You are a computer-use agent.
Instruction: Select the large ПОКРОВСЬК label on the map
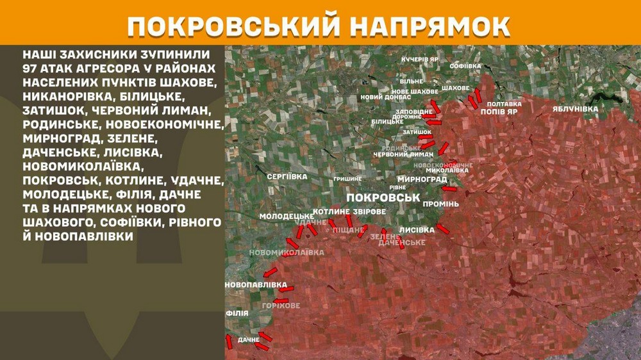click(381, 198)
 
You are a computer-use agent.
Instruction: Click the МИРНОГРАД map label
click(422, 179)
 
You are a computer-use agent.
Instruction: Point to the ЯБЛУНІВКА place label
click(575, 109)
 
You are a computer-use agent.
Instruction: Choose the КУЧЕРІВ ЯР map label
click(420, 59)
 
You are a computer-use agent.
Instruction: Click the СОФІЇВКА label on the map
click(465, 66)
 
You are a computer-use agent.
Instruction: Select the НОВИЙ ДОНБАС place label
click(381, 97)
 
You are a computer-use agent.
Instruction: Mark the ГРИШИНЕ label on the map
click(347, 178)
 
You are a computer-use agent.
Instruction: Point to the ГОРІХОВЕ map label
click(281, 306)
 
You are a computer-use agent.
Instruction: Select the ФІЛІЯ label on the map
click(237, 313)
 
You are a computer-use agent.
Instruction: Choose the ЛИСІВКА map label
click(417, 229)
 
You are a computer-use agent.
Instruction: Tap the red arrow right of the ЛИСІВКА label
click(443, 228)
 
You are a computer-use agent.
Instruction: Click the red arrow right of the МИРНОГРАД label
click(450, 188)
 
